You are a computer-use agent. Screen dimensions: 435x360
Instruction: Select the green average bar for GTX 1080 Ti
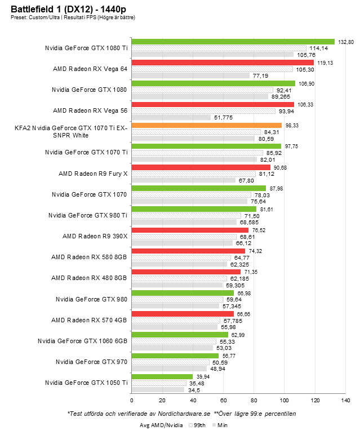click(x=233, y=42)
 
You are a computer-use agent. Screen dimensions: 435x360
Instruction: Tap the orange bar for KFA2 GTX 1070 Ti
click(x=206, y=126)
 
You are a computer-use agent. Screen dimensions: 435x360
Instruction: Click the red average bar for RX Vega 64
click(x=223, y=63)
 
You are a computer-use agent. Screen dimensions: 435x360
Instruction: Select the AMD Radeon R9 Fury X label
click(x=93, y=174)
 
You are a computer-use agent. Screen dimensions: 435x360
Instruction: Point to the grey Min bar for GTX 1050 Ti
click(x=158, y=389)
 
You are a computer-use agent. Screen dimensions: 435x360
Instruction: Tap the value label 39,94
click(x=202, y=376)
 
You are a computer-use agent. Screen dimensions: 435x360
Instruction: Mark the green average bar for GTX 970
click(x=175, y=356)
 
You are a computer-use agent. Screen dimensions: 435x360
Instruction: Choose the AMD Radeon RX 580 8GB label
click(x=89, y=257)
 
